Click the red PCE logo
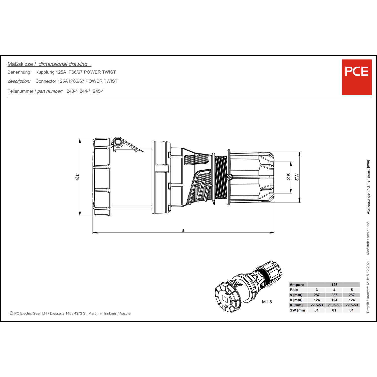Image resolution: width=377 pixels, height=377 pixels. pos(357,77)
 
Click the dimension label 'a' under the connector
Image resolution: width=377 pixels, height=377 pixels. pos(183,230)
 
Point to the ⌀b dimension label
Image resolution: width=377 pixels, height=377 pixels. pos(77,177)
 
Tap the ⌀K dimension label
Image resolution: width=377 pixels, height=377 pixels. pos(288,177)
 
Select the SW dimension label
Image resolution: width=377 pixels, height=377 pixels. pos(297,177)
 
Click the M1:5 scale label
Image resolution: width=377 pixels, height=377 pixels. pos(267,302)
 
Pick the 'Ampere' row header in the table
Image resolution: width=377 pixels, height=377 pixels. pos(297,285)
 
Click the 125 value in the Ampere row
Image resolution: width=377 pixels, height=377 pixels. pos(334,285)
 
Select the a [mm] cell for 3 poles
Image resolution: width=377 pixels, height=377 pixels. pos(317,295)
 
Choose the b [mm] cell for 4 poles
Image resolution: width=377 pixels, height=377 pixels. pos(334,300)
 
